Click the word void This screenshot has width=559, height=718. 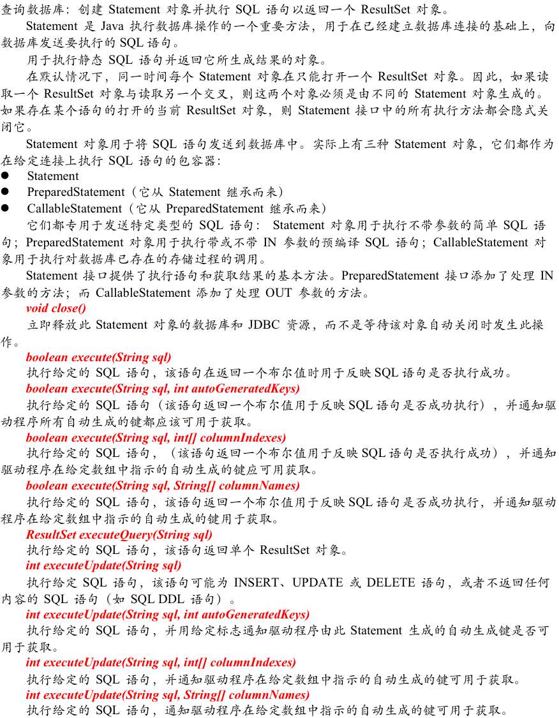tap(37, 308)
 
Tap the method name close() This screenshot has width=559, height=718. tap(69, 308)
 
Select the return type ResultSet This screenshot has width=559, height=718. tap(51, 535)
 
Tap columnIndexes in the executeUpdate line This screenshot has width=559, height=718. tap(252, 662)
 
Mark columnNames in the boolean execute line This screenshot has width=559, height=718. tap(258, 486)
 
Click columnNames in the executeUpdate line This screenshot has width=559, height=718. tap(269, 695)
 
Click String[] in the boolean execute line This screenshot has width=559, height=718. tap(195, 486)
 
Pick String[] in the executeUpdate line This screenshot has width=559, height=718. tap(204, 695)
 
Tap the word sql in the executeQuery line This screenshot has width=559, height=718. tap(201, 535)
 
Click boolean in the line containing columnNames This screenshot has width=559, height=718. tap(47, 486)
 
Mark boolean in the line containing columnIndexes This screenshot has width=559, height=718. tap(47, 438)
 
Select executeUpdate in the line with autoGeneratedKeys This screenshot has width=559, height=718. tap(81, 615)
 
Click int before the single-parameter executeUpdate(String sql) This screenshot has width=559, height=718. tap(33, 565)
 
